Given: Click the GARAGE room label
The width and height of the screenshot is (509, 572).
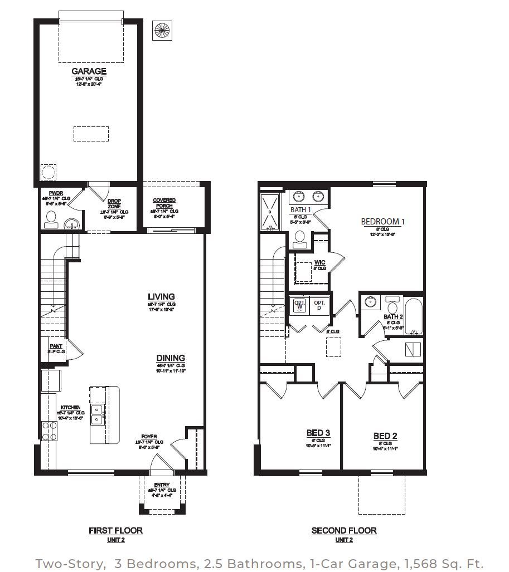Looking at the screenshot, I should [x=89, y=71].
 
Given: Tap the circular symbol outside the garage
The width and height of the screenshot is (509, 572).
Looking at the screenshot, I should [x=162, y=30].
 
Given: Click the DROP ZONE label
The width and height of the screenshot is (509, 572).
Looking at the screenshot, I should [x=114, y=203].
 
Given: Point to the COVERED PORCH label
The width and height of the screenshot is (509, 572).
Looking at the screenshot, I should [x=164, y=203].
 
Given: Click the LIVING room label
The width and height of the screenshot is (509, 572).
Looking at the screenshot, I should [x=161, y=297].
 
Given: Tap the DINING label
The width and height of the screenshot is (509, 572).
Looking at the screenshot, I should [x=171, y=358].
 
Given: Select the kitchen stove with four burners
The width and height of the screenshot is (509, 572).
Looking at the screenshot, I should [x=49, y=431].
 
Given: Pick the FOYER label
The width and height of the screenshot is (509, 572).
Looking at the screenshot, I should [x=149, y=437].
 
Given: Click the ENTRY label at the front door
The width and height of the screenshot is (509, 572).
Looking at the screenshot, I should [x=162, y=485].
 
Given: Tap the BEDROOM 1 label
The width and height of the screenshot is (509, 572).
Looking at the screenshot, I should [x=383, y=222].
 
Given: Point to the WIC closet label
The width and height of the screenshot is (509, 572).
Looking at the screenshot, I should [x=319, y=262].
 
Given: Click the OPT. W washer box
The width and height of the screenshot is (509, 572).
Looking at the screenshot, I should [x=299, y=305].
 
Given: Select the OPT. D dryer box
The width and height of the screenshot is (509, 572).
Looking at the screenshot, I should [x=319, y=305].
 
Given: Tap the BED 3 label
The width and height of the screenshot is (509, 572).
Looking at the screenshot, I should [x=318, y=433].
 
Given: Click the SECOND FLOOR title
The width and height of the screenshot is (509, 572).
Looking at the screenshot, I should [x=343, y=530].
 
